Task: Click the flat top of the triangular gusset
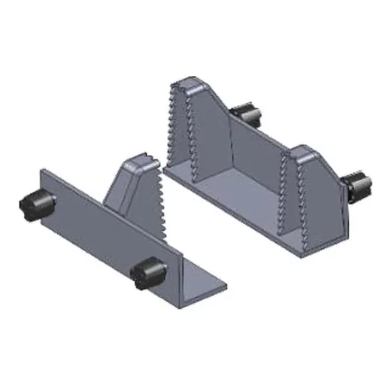[x=139, y=162]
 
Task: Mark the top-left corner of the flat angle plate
[x=41, y=172]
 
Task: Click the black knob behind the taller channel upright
[x=247, y=114]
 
